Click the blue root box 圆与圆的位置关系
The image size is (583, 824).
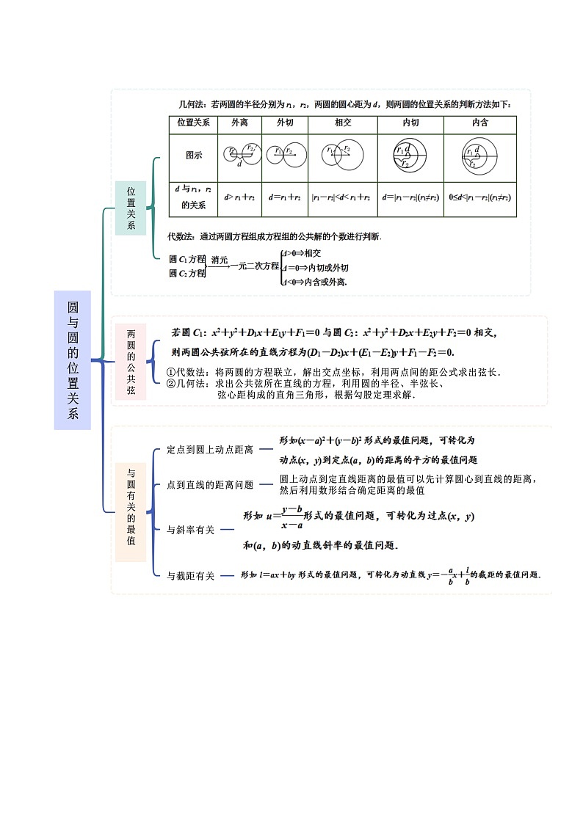point(72,360)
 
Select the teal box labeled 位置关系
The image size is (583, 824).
point(131,208)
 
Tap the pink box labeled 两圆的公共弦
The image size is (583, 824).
point(131,361)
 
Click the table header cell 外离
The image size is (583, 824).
point(239,123)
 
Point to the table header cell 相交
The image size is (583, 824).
point(342,123)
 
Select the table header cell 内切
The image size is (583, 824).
point(410,123)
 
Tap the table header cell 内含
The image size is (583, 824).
point(480,123)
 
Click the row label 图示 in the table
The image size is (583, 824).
point(194,156)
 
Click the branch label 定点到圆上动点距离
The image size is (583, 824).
point(209,449)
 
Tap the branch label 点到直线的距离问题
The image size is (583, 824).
point(209,485)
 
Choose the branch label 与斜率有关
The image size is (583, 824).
point(190,530)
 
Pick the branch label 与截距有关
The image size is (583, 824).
point(190,576)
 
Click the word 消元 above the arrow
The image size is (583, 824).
point(220,260)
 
